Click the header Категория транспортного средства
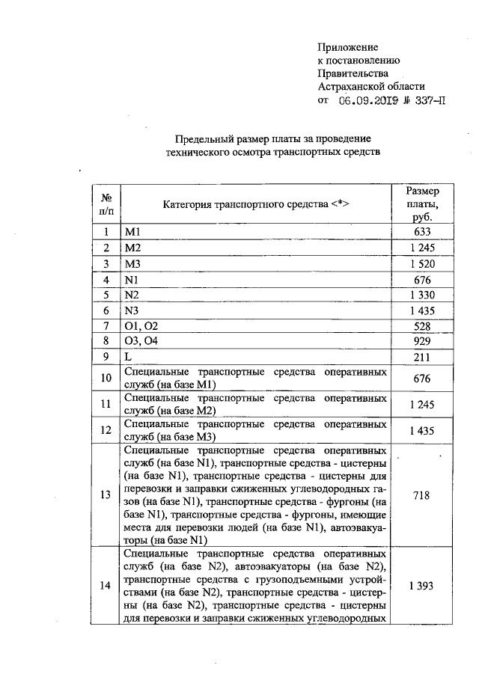256,204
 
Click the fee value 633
423,232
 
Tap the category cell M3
133,264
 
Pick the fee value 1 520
423,264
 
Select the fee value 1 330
423,295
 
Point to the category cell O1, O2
141,327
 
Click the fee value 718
423,495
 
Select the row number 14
106,586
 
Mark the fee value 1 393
423,586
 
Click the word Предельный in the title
202,139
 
